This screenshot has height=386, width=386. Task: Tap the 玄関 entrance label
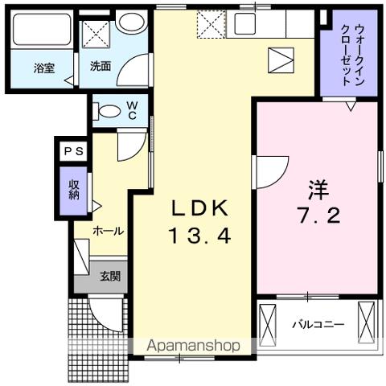pos(110,277)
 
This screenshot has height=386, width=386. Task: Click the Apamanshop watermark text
pos(192,346)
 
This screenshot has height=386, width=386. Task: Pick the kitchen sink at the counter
pos(244,24)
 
